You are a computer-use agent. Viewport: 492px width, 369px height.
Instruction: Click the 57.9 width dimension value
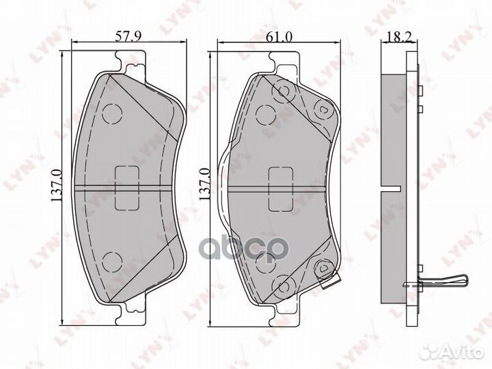pyautogui.click(x=124, y=36)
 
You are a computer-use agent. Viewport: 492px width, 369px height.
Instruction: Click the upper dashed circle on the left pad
pyautogui.click(x=111, y=114)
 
